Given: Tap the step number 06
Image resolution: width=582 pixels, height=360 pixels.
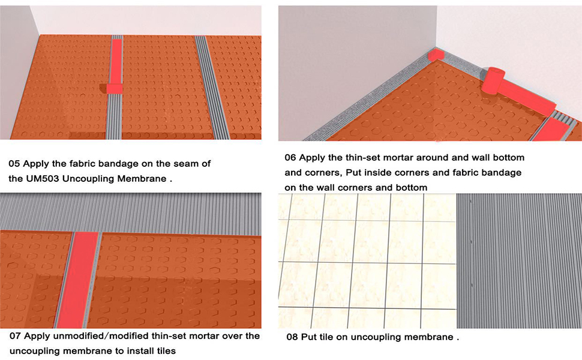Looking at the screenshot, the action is coord(291,158).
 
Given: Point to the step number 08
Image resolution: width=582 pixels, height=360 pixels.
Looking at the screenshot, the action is coord(292,337).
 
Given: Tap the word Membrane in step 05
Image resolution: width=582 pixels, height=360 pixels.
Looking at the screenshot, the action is coord(143,178).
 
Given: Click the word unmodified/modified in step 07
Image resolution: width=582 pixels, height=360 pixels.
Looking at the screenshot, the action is coord(100,336).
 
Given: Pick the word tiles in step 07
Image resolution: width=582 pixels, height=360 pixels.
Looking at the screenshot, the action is coord(164,350).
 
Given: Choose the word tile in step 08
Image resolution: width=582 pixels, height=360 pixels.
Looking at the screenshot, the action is coord(332,337).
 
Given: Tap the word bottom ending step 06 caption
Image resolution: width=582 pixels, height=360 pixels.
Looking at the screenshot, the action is coord(411,187).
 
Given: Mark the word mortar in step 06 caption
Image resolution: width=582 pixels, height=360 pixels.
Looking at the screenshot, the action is coord(397,158).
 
